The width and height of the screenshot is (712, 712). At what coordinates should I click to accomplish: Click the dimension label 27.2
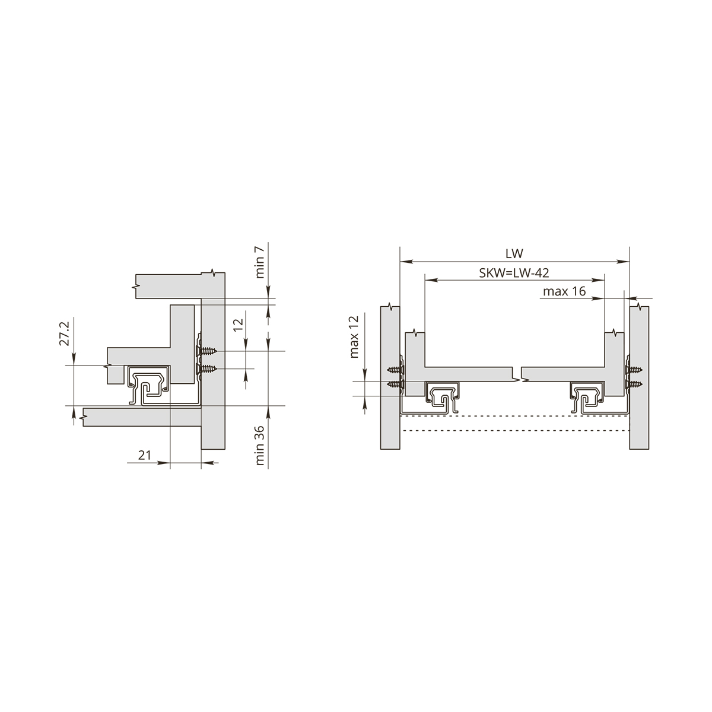(x=64, y=333)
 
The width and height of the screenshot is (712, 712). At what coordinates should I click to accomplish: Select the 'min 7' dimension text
(x=260, y=262)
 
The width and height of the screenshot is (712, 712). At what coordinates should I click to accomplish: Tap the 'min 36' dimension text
(x=260, y=446)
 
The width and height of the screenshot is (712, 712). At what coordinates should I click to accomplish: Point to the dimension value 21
(x=144, y=455)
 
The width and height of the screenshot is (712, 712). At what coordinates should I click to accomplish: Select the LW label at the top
(x=514, y=253)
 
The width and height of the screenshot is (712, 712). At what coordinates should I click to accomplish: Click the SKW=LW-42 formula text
(x=514, y=273)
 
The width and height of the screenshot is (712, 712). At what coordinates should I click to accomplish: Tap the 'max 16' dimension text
(x=564, y=291)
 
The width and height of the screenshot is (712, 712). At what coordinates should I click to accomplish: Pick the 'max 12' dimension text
(x=354, y=336)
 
